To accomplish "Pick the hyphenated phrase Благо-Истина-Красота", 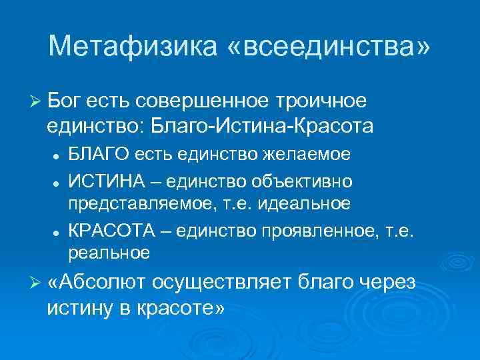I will (262, 125).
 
